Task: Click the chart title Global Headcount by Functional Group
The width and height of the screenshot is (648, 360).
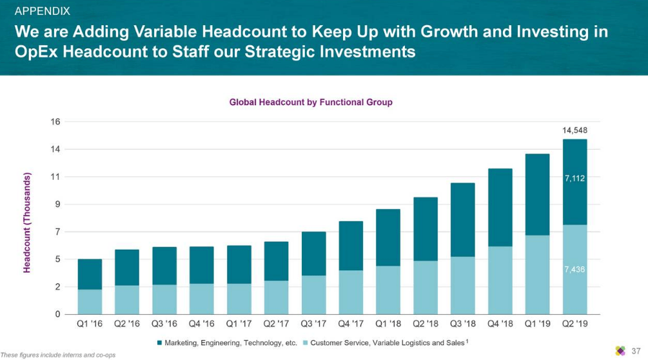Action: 311,102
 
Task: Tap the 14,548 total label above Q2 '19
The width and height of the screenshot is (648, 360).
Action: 574,130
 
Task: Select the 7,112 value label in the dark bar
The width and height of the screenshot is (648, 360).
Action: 574,179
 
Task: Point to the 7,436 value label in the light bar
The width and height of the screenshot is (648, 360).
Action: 574,270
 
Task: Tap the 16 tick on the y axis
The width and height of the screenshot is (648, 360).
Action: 56,122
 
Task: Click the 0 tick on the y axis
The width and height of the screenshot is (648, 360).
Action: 58,314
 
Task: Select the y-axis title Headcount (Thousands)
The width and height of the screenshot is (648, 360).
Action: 27,223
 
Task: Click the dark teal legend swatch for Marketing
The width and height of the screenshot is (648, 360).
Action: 159,343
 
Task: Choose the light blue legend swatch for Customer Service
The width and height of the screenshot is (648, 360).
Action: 306,343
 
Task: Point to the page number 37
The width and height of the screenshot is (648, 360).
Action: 636,350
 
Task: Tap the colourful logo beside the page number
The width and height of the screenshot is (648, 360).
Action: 620,350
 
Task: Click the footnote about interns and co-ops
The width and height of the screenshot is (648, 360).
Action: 58,355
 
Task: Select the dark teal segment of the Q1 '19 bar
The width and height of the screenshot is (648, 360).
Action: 537,194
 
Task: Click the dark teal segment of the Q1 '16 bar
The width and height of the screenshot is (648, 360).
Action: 90,274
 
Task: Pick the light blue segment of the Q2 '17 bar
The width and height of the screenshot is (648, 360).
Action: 276,297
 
